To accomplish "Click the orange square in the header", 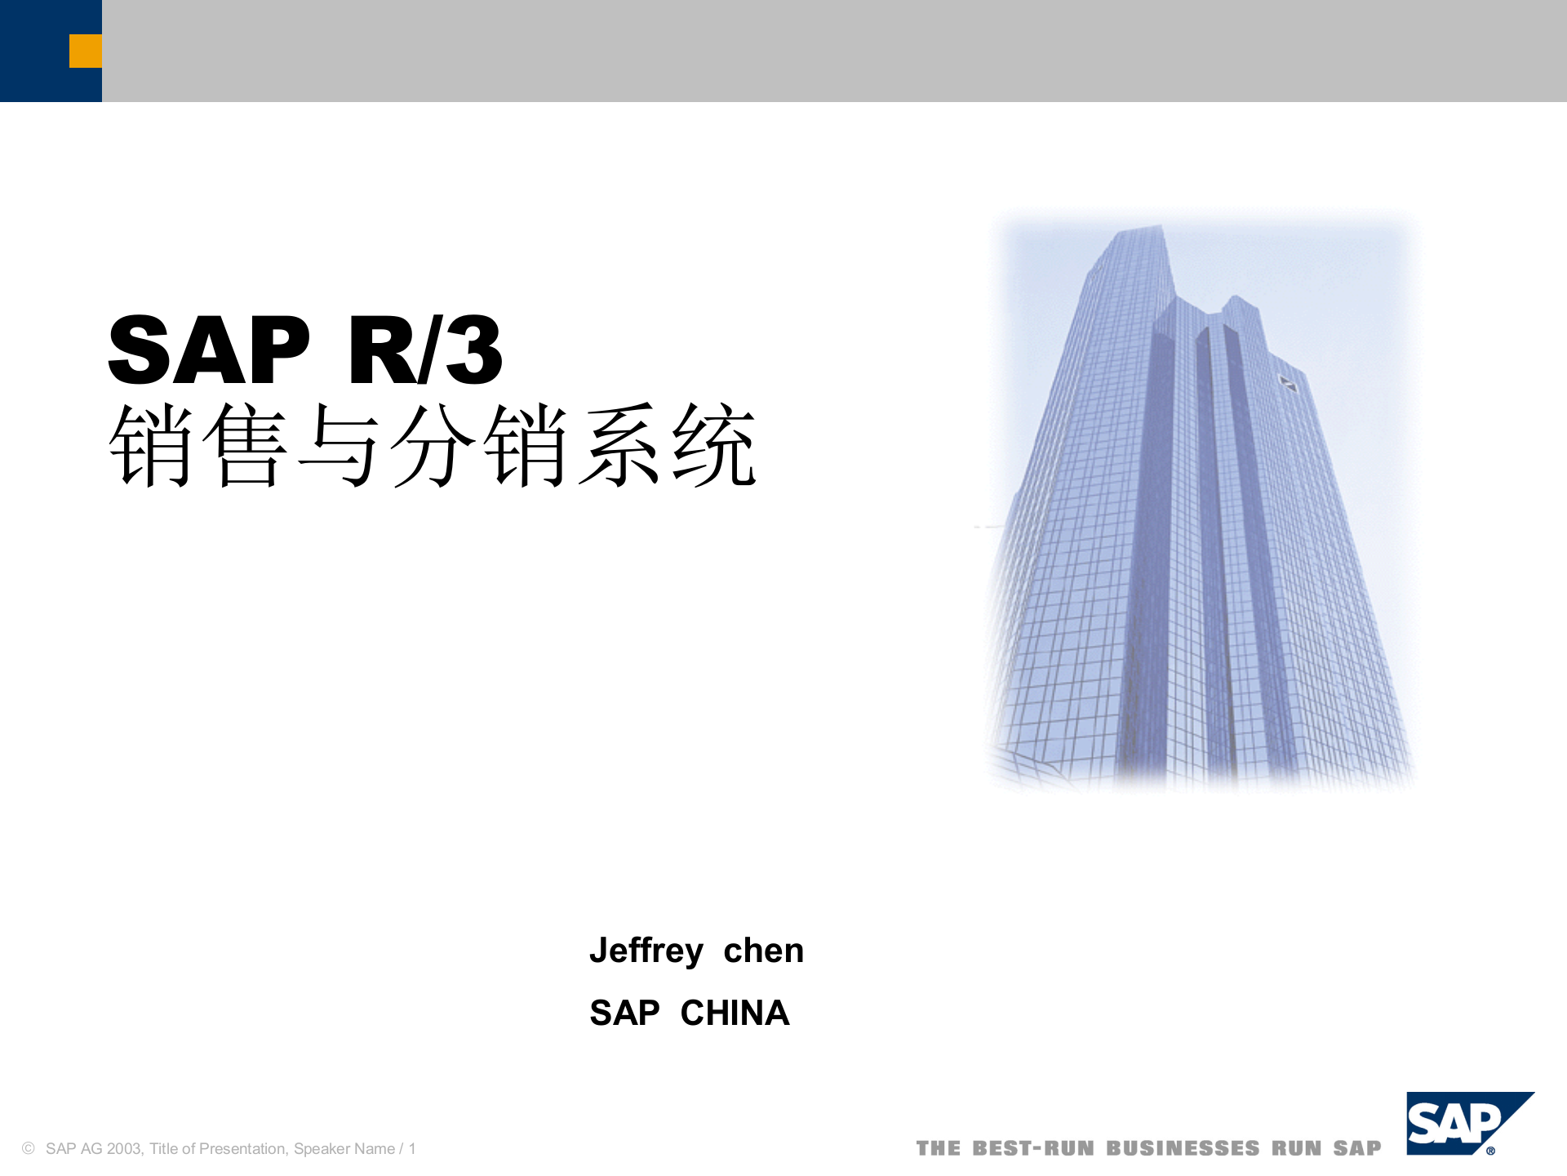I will point(86,51).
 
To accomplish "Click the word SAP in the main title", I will point(209,350).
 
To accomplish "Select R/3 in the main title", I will point(425,350).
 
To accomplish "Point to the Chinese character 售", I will point(245,446).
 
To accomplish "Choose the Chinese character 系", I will point(620,446).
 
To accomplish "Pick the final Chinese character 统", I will point(714,446).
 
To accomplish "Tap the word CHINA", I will point(735,1013).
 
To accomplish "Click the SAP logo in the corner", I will point(1461,1124).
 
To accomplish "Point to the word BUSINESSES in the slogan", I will point(1183,1149).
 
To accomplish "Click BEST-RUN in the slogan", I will point(1032,1149).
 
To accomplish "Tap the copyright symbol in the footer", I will point(29,1149).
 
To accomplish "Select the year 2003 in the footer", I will point(124,1149).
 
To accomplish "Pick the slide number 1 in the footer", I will point(412,1149).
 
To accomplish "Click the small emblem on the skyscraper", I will point(1287,383).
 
